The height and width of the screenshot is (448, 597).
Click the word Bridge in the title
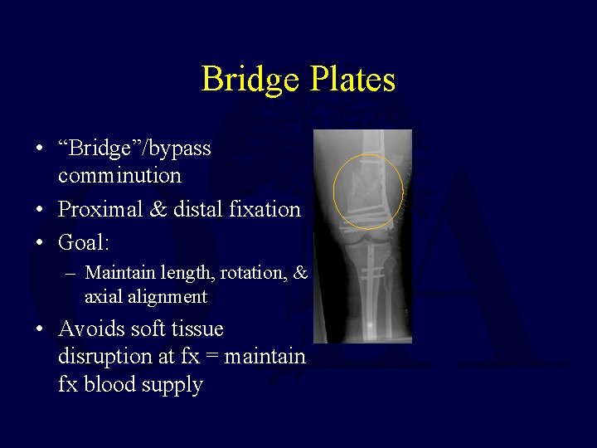251,80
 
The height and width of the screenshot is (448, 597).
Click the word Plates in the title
352,80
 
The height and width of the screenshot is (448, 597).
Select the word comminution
119,176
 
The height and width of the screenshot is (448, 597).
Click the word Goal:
84,243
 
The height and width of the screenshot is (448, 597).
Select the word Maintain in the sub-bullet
119,272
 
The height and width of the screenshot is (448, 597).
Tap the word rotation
253,272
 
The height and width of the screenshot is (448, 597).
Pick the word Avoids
89,329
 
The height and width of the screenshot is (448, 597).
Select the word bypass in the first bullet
180,149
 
